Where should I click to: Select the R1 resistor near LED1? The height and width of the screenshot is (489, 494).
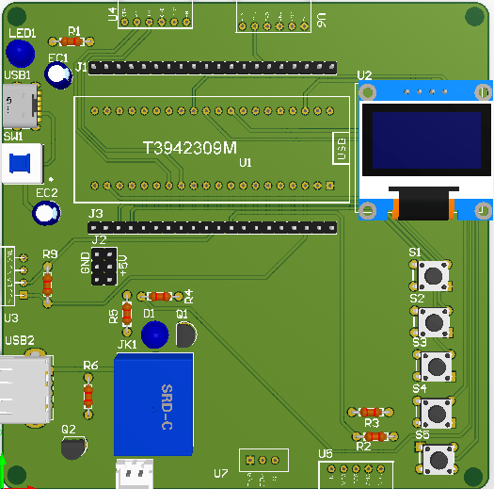coord(71,41)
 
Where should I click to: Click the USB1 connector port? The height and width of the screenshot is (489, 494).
coord(20,105)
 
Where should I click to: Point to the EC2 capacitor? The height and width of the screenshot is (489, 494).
coord(45,213)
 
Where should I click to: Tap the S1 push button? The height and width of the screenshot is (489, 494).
coord(433,275)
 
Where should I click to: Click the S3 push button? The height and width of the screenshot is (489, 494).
coord(435,366)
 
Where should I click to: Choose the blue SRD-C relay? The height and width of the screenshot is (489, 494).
coord(153,403)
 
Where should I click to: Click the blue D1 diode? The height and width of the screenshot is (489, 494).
coord(153,334)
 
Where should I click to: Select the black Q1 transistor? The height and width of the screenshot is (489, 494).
coord(186,334)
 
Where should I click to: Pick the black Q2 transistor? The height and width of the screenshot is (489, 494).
coord(72,448)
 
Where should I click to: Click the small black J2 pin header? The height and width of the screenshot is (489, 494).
coord(104,267)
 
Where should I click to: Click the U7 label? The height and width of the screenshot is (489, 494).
coord(221,473)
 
